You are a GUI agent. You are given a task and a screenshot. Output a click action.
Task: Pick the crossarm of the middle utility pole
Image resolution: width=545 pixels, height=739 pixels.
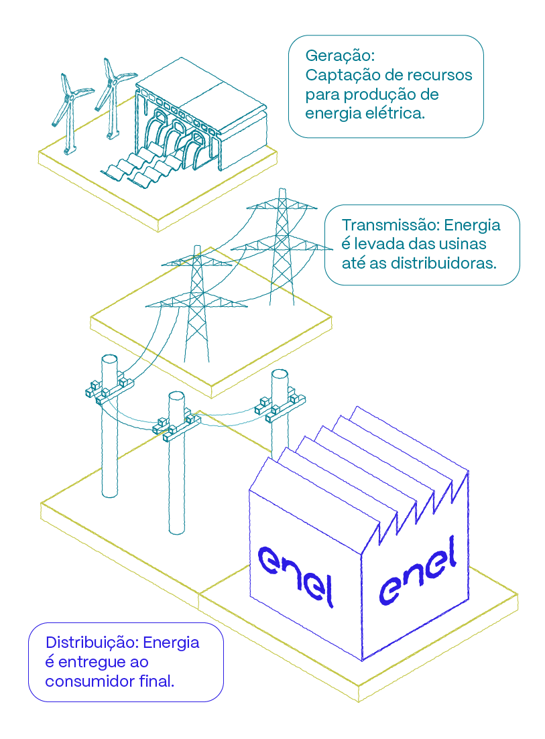tap(176, 427)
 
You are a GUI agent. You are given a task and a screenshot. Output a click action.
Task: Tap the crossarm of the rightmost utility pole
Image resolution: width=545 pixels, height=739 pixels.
tap(280, 406)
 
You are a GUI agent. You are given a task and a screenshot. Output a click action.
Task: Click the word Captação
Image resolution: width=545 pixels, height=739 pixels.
tap(337, 75)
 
